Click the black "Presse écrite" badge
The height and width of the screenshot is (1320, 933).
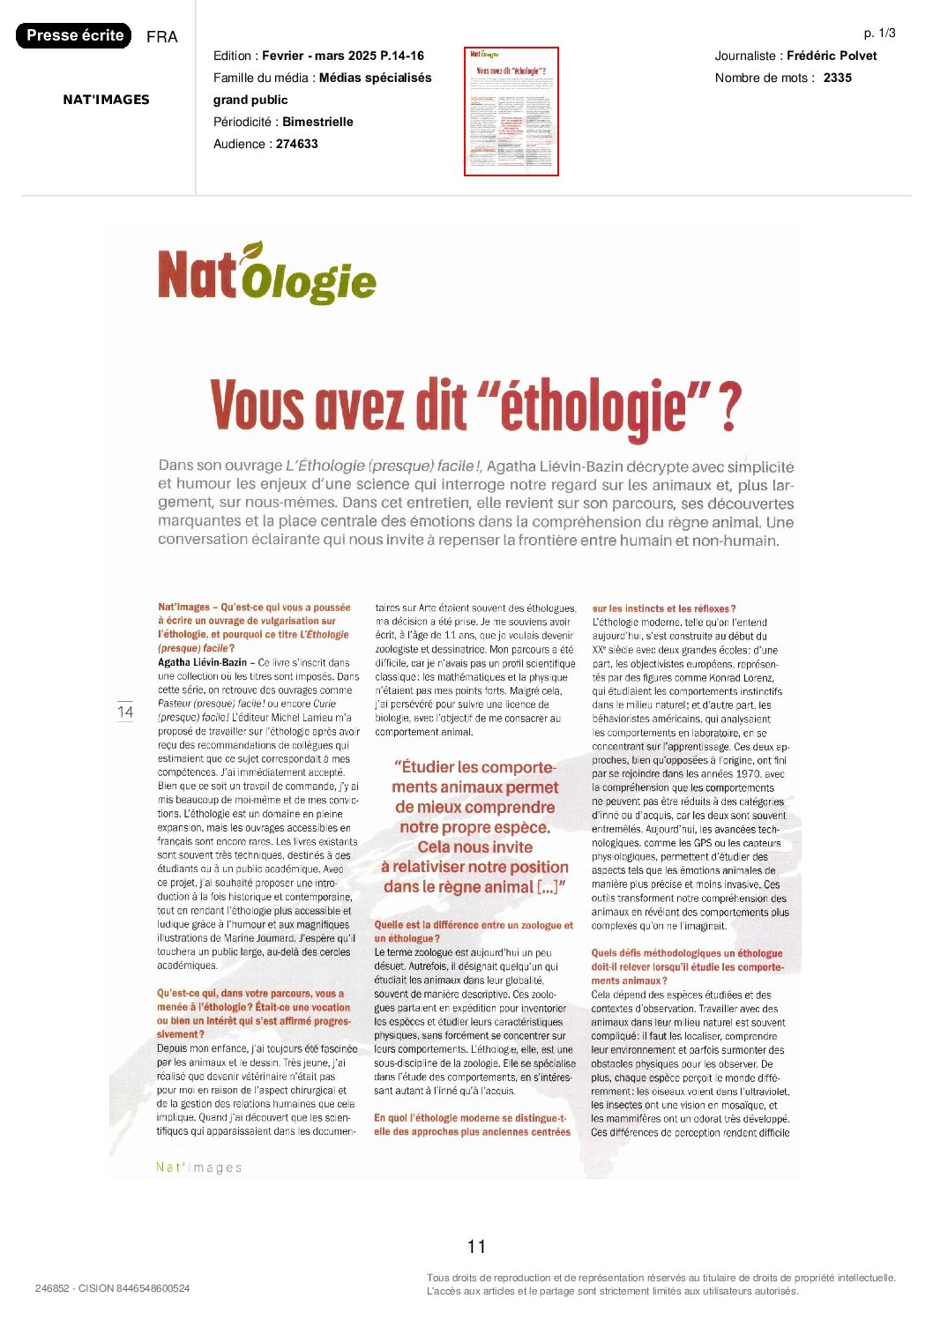point(74,35)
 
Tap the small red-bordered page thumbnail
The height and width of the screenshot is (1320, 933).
point(511,111)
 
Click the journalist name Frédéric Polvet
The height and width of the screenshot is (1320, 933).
point(832,56)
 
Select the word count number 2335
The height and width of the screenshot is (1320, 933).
point(838,78)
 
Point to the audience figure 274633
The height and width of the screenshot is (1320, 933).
point(296,144)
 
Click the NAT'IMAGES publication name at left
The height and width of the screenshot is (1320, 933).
point(106,100)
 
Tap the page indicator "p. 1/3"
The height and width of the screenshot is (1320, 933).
point(879,34)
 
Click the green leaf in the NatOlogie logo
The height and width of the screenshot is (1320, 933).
point(253,250)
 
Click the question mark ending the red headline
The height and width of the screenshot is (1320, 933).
point(728,406)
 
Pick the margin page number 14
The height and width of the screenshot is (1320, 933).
point(125,712)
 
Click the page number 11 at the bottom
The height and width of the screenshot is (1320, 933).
point(476,1246)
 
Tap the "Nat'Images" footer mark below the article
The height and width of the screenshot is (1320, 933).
point(198,1167)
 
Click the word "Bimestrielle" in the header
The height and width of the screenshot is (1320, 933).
point(317,122)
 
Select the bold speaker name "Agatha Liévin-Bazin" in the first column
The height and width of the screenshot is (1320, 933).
point(202,662)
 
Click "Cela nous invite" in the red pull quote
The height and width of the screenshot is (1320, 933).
point(474,847)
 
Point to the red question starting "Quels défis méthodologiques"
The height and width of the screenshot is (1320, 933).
point(686,953)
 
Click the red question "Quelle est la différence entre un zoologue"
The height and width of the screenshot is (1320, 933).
point(474,926)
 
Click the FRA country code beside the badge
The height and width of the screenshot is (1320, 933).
point(162,37)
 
